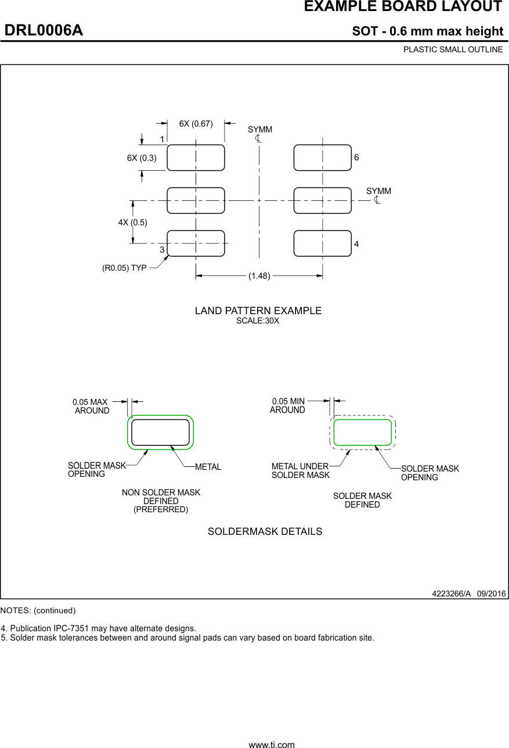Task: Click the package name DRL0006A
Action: [44, 31]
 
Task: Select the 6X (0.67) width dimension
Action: [196, 124]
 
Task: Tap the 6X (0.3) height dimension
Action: [142, 158]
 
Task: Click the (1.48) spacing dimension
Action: [259, 276]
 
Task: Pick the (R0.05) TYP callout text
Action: [124, 268]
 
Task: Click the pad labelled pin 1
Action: [196, 158]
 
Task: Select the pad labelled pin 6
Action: [323, 158]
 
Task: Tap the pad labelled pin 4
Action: [323, 243]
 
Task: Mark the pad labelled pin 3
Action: [196, 243]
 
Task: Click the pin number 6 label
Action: [356, 158]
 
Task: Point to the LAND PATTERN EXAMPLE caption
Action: [258, 311]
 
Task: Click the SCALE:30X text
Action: [258, 321]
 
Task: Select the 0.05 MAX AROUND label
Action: [91, 406]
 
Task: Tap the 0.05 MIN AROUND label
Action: [288, 405]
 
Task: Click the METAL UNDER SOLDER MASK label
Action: [300, 470]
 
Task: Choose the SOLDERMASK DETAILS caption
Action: [265, 531]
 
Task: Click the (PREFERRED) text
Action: [161, 509]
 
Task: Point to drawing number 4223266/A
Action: [451, 594]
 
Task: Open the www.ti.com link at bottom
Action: [272, 744]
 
